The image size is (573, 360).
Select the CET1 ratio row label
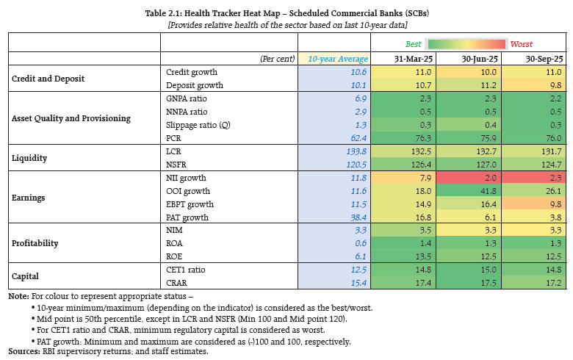coord(185,269)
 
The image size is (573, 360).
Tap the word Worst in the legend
coord(522,43)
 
